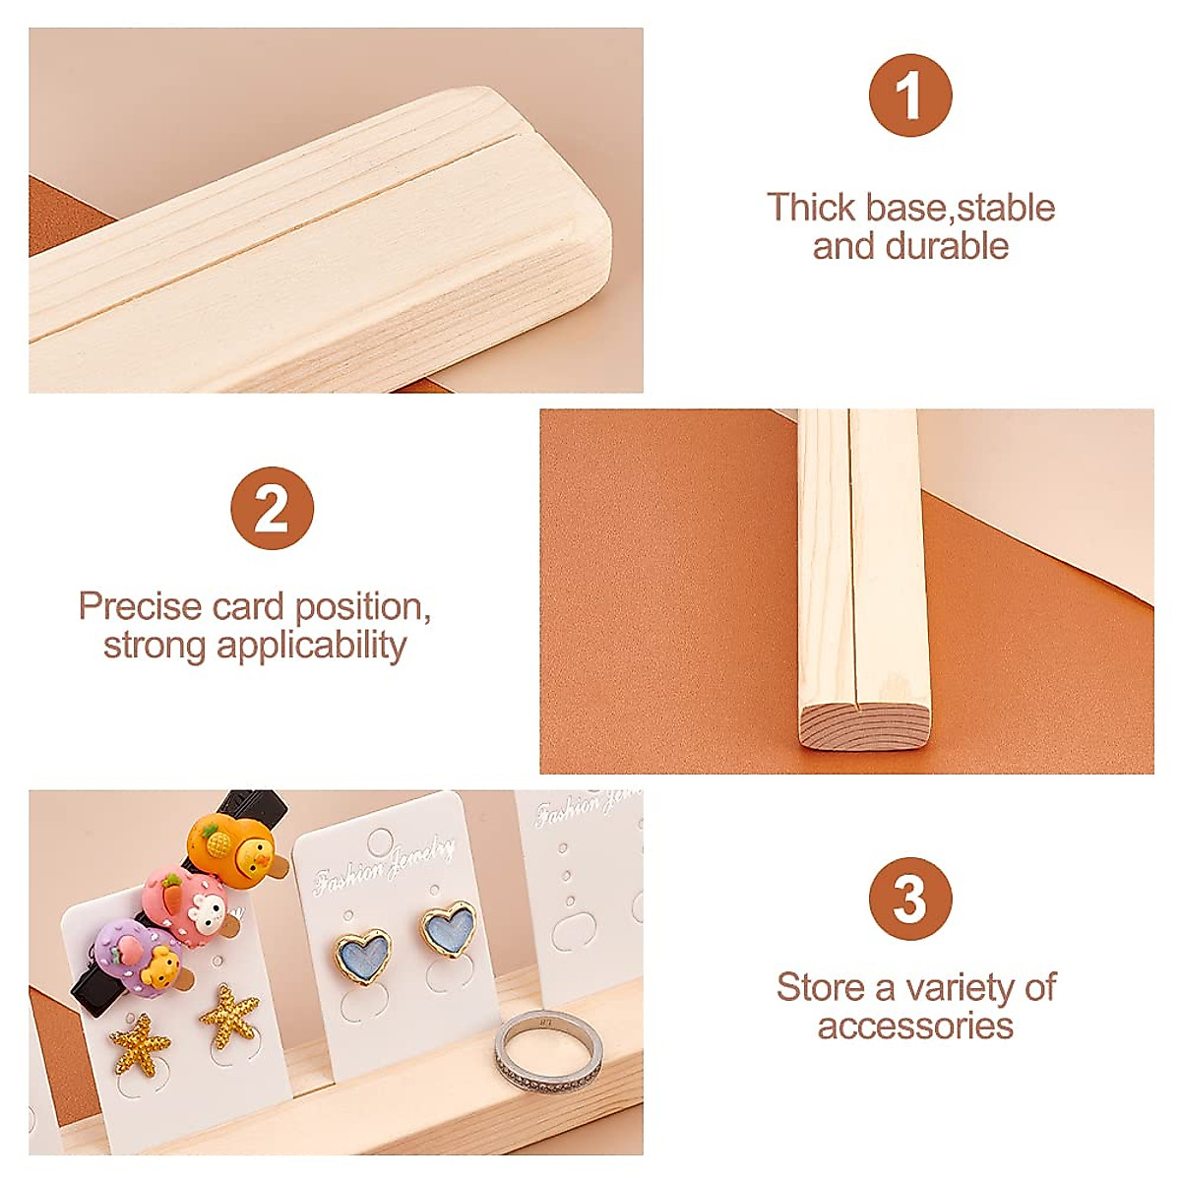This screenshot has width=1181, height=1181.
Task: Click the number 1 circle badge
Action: tap(910, 95)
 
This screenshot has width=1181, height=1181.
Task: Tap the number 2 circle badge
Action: tap(272, 509)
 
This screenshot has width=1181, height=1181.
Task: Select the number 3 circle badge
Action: tap(910, 900)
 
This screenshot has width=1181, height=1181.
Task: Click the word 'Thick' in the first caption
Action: tap(811, 208)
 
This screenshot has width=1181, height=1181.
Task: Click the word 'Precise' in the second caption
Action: tap(140, 606)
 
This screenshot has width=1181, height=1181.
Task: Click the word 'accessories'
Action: tap(915, 1026)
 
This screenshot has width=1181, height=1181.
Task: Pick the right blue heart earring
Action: tap(449, 930)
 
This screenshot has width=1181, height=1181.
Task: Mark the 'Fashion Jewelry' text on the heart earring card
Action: tap(385, 865)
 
